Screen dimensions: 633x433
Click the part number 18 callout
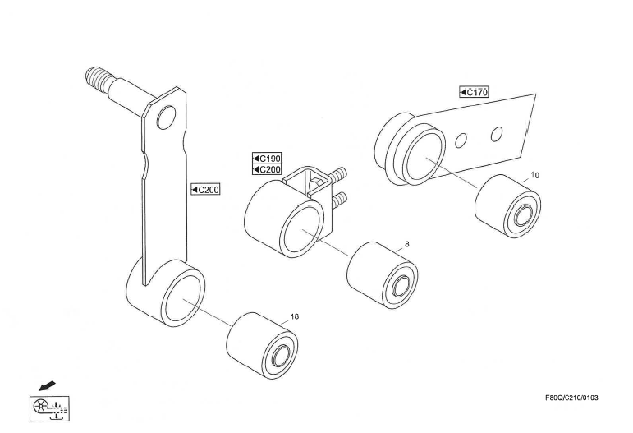295,316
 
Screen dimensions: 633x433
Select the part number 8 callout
407,244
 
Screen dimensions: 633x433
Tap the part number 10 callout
534,175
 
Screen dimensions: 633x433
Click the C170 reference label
474,92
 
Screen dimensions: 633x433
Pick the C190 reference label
267,158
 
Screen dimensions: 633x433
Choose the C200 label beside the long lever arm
205,189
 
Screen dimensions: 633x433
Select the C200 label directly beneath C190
267,169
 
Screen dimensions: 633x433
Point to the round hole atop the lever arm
166,117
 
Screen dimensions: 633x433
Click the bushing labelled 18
262,345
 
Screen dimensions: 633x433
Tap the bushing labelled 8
383,275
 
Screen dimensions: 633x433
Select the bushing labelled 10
508,206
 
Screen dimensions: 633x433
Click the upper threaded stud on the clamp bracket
338,174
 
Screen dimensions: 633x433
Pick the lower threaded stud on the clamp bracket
339,199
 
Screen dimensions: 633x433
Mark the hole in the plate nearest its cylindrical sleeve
461,140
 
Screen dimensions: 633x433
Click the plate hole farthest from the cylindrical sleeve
497,134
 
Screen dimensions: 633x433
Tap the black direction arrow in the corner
47,385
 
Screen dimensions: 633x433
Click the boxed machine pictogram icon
49,408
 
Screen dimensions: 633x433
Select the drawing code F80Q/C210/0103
572,398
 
